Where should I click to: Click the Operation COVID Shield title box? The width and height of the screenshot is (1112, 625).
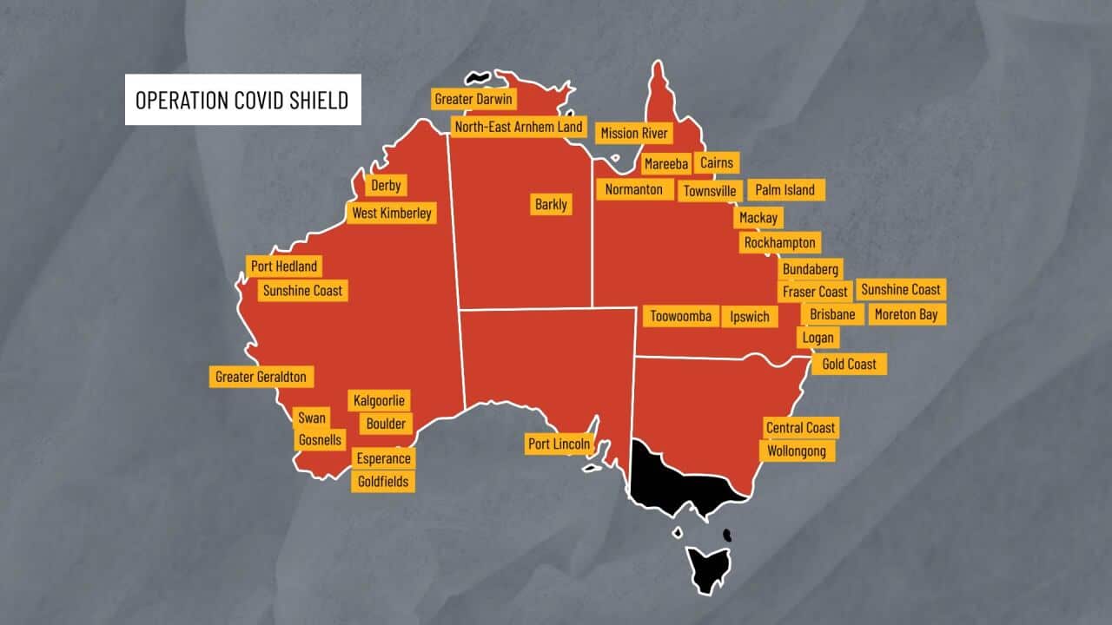tap(242, 100)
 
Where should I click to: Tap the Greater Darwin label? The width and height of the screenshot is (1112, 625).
tap(473, 99)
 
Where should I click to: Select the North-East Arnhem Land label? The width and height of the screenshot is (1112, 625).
tap(519, 127)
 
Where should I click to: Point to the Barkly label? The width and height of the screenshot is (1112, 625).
tap(551, 205)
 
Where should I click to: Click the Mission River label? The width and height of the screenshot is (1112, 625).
tap(634, 133)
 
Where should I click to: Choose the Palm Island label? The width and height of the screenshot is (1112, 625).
tap(785, 190)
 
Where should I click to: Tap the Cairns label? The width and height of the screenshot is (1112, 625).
tap(717, 162)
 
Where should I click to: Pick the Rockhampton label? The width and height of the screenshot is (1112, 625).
tap(779, 243)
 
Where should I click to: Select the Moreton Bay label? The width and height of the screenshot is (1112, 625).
tap(906, 314)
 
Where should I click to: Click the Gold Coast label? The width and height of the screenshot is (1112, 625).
tap(849, 364)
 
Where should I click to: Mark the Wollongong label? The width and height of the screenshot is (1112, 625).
tap(797, 451)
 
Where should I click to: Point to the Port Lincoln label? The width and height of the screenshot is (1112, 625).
tap(559, 444)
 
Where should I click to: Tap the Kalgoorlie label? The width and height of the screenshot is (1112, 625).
tap(380, 401)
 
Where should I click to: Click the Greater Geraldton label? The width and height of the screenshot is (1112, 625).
tap(261, 377)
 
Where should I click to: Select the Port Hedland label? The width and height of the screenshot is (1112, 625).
tap(283, 266)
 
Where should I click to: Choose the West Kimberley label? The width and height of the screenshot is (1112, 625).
tap(391, 214)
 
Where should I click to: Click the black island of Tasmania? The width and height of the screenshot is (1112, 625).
tap(709, 567)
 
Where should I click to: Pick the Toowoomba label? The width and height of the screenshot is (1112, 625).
tap(681, 316)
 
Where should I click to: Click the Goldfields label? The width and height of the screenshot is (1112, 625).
tap(383, 482)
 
